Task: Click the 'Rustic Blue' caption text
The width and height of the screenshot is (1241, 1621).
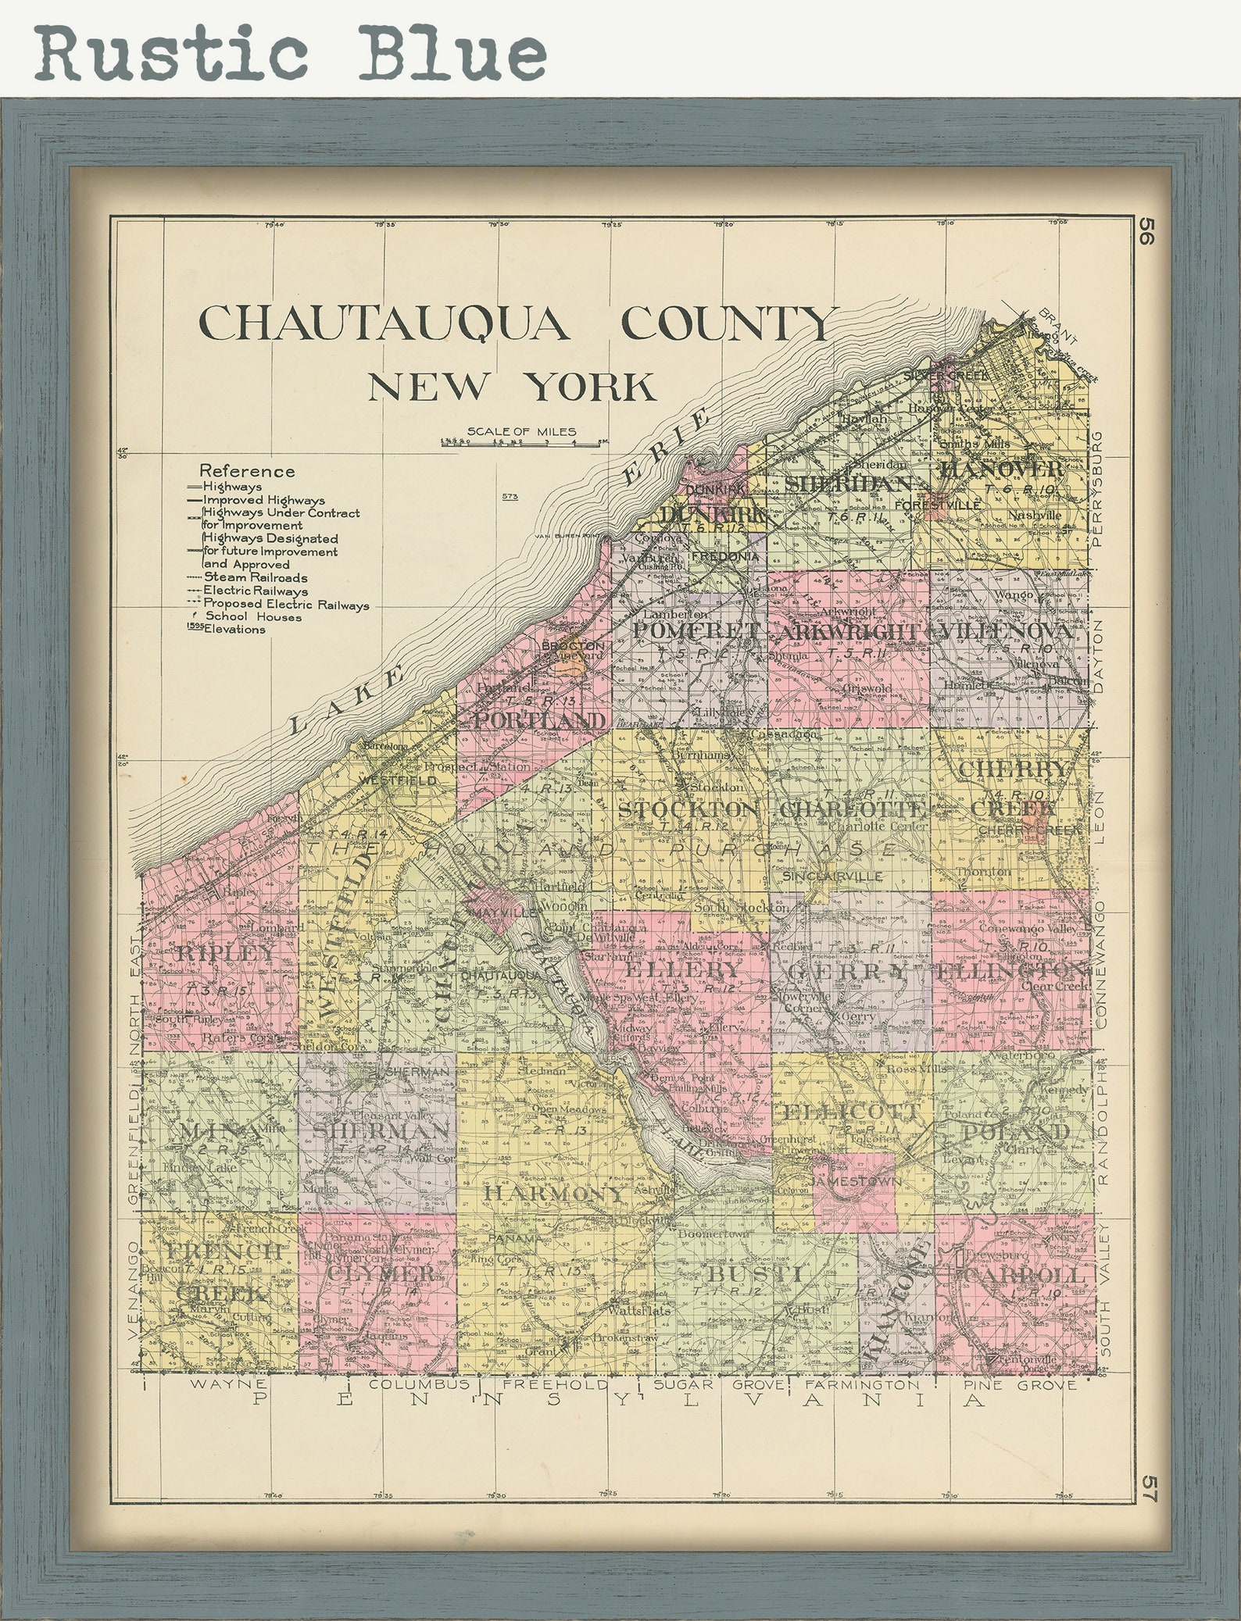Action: tap(289, 52)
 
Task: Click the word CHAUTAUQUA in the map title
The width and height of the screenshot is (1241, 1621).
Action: tap(382, 323)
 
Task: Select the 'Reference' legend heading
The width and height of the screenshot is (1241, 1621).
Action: tap(247, 471)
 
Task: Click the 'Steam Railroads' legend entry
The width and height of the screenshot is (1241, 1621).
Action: tap(255, 578)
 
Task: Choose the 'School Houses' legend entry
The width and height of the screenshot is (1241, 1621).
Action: tap(252, 617)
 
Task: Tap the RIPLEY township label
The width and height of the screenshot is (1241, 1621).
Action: tap(227, 953)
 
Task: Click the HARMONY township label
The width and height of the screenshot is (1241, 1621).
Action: tap(554, 1194)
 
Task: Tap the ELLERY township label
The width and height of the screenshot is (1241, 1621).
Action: tap(682, 969)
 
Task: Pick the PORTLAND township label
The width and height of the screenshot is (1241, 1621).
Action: tap(539, 720)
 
